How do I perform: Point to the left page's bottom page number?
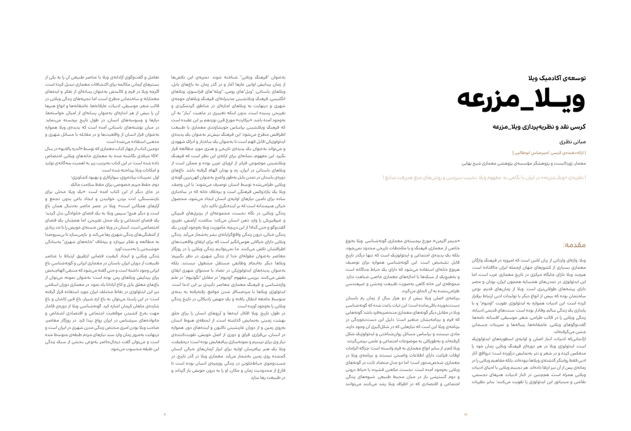point(165,415)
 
